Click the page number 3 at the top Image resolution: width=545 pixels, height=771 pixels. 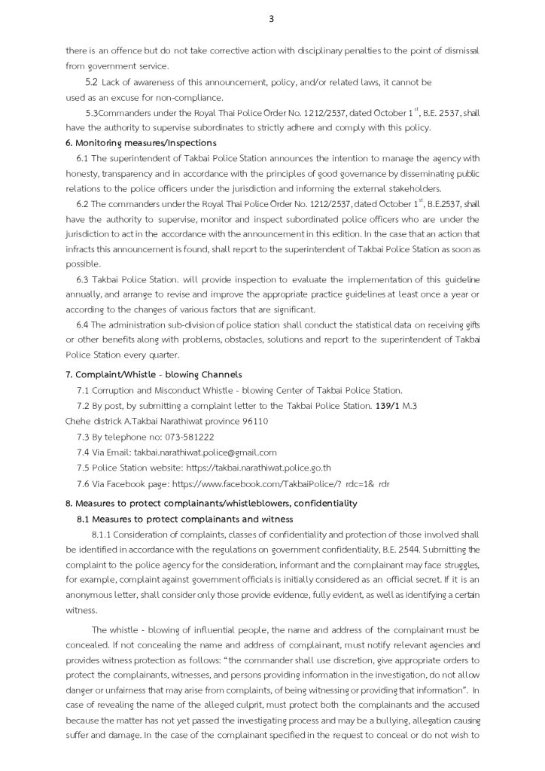pyautogui.click(x=271, y=20)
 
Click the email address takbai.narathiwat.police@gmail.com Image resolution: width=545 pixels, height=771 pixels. pyautogui.click(x=205, y=452)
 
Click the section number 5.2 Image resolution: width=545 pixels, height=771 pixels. pyautogui.click(x=92, y=82)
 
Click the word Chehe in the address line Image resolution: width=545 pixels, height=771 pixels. pyautogui.click(x=79, y=421)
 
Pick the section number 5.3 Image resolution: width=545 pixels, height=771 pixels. pyautogui.click(x=93, y=113)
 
